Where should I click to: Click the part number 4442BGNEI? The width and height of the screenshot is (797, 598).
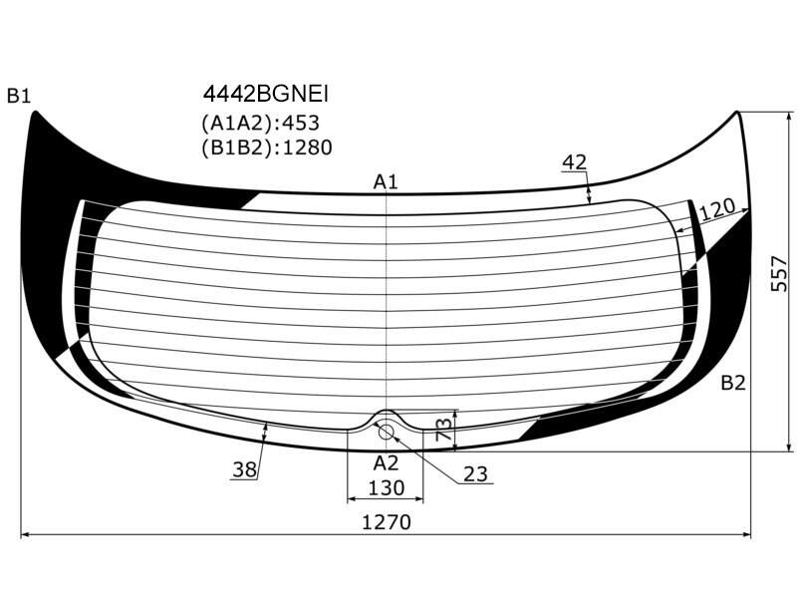(266, 94)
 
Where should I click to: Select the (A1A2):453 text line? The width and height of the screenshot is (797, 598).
(260, 123)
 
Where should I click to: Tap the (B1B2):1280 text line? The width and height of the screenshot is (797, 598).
(267, 148)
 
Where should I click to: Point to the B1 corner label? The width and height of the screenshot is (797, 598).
(19, 95)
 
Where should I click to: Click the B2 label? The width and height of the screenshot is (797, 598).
(733, 383)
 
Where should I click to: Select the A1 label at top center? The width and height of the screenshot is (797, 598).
(386, 181)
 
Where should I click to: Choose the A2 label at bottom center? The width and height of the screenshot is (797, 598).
(386, 463)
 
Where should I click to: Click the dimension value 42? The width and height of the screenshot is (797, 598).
(575, 162)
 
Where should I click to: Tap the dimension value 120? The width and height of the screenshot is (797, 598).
(716, 207)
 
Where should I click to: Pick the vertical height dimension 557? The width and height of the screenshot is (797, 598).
(779, 273)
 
